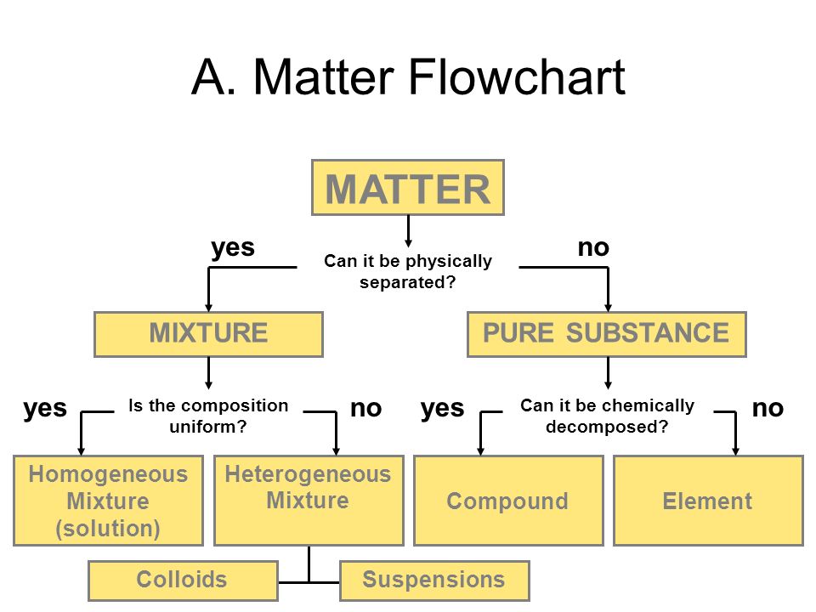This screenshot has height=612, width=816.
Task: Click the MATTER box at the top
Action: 408,187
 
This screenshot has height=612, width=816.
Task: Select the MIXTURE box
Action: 209,334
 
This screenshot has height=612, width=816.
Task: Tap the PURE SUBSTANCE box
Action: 607,334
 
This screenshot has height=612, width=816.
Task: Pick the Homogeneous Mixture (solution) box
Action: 108,501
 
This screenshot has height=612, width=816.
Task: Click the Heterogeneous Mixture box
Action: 309,501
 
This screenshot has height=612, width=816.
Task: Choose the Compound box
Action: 509,501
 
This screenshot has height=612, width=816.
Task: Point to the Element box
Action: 709,501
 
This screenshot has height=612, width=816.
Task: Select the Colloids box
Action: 184,581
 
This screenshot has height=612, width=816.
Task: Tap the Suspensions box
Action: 434,581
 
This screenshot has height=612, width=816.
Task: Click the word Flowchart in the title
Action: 517,76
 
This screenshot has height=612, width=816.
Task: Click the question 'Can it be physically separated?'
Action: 408,271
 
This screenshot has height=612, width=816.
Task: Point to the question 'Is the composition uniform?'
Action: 208,416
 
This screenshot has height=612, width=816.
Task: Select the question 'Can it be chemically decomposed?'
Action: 607,416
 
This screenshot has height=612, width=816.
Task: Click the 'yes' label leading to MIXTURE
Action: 233,247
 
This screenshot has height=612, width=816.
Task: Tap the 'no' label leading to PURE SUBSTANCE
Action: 593,247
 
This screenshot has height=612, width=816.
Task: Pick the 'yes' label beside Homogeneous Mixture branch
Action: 45,409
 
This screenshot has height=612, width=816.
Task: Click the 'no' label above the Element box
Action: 768,409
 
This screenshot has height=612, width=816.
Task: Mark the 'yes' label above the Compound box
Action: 442,409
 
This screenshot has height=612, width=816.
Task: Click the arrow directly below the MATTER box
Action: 409,231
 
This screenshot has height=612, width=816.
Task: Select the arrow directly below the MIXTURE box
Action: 209,373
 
